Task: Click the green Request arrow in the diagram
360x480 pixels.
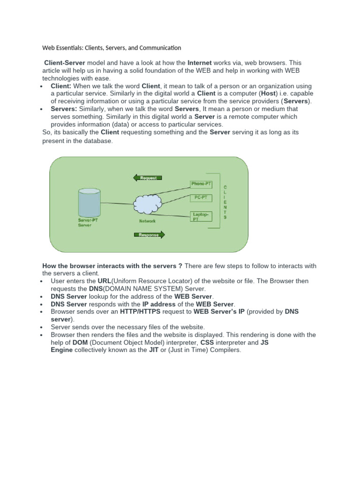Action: tap(148, 178)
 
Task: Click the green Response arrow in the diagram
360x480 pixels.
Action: tap(150, 234)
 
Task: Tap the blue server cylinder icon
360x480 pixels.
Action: tap(89, 202)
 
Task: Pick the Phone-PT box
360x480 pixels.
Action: tap(202, 184)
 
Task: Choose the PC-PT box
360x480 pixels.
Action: tap(201, 198)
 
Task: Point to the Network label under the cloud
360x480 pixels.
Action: tap(147, 221)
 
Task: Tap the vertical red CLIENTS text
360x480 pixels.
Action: tap(225, 202)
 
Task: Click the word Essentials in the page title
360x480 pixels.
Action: tap(74, 48)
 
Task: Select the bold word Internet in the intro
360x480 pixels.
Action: tap(200, 62)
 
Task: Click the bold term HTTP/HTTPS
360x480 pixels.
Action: tap(140, 311)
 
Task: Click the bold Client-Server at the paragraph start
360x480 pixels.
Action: tap(63, 62)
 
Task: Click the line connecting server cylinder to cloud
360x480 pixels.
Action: tap(117, 203)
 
